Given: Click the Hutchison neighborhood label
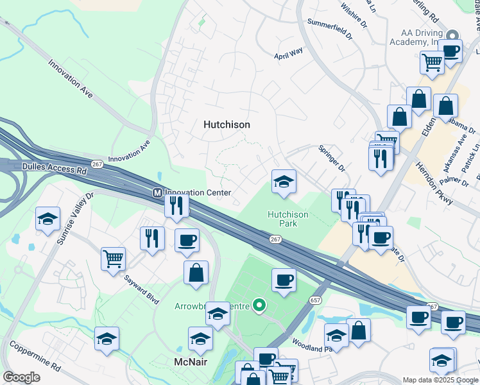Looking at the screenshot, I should (227, 124).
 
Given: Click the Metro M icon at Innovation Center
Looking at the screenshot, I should (157, 193).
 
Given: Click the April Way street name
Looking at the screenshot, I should (288, 55).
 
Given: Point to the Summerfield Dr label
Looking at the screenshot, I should (330, 31).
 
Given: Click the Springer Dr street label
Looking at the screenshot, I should (332, 158).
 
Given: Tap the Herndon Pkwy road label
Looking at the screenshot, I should (433, 183).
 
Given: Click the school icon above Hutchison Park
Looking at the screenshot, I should (283, 182).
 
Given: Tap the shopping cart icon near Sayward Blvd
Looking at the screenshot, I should (113, 259).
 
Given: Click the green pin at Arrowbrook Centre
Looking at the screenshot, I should (259, 305).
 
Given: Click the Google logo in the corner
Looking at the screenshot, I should (21, 377).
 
